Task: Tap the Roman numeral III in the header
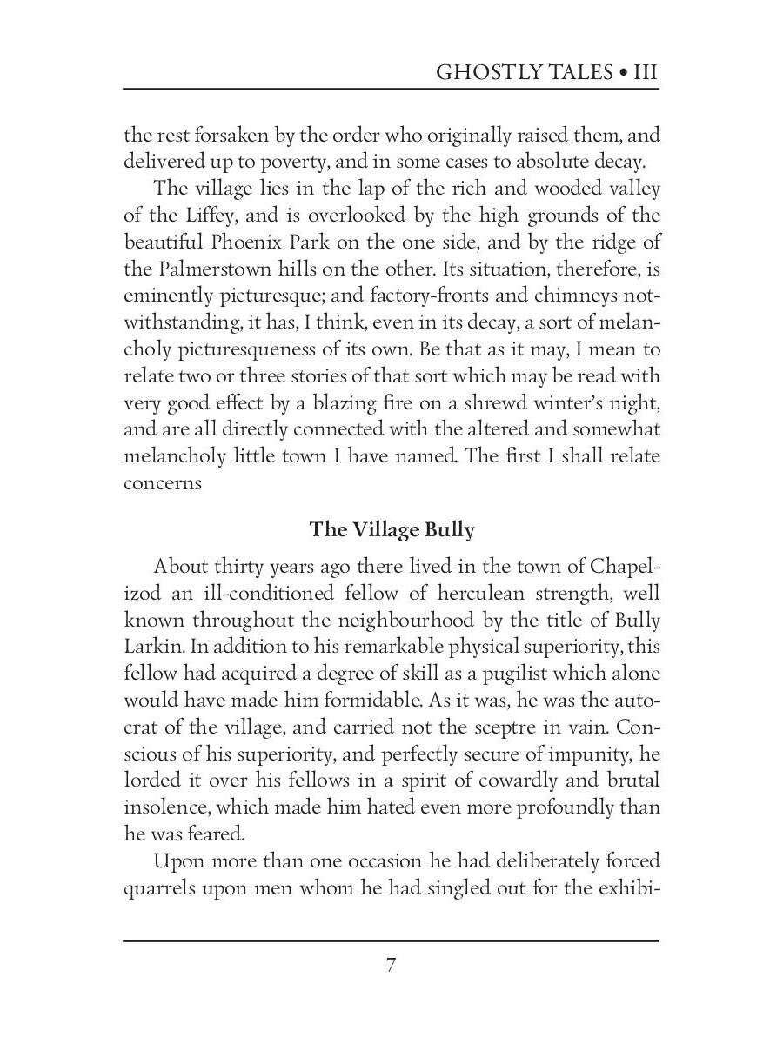point(644,71)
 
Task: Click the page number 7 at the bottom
point(391,965)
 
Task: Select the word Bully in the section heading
point(449,529)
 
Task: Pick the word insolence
point(167,807)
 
